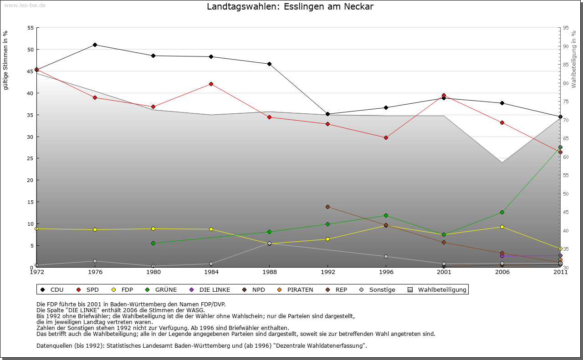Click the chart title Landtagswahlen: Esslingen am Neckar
(x=290, y=7)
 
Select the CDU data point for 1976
(x=95, y=45)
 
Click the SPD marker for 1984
(x=211, y=84)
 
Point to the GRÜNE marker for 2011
(x=560, y=147)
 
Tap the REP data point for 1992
(x=327, y=207)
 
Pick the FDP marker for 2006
(x=502, y=227)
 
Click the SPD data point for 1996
(x=386, y=137)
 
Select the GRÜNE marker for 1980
(x=153, y=243)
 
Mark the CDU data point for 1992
(x=327, y=114)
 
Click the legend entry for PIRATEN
(x=296, y=289)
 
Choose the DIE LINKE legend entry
(x=210, y=289)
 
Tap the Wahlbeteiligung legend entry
(x=437, y=289)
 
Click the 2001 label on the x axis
(x=444, y=273)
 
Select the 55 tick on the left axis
(x=31, y=28)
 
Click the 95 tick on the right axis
(x=566, y=28)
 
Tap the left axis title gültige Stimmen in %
(x=6, y=60)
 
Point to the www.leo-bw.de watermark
(x=23, y=5)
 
